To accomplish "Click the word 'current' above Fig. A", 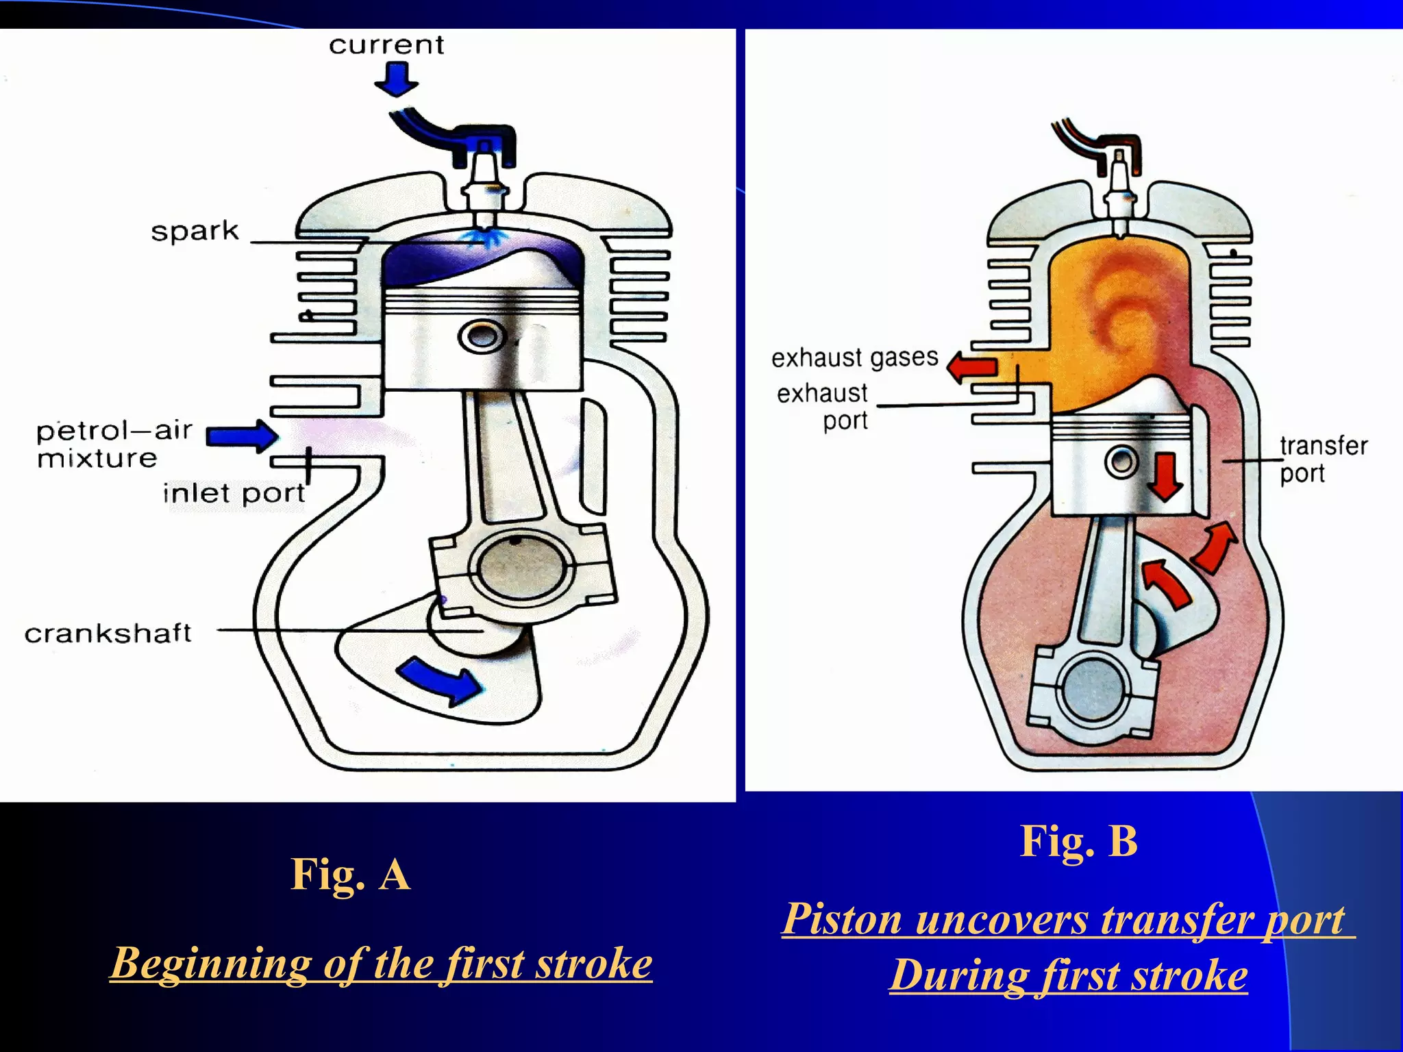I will pos(386,45).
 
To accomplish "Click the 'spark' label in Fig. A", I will pos(195,231).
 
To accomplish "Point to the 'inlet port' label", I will pos(234,493).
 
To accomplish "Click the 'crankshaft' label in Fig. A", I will pos(108,633).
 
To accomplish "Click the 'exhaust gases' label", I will pos(855,358).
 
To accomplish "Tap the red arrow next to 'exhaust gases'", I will pos(971,366).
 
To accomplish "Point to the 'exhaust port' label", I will pos(823,406).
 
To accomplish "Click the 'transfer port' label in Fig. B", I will pos(1322,459).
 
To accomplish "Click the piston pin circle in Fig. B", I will pos(1122,462).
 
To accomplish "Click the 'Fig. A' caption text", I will pos(350,875).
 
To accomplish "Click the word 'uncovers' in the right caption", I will pos(1001,919).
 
